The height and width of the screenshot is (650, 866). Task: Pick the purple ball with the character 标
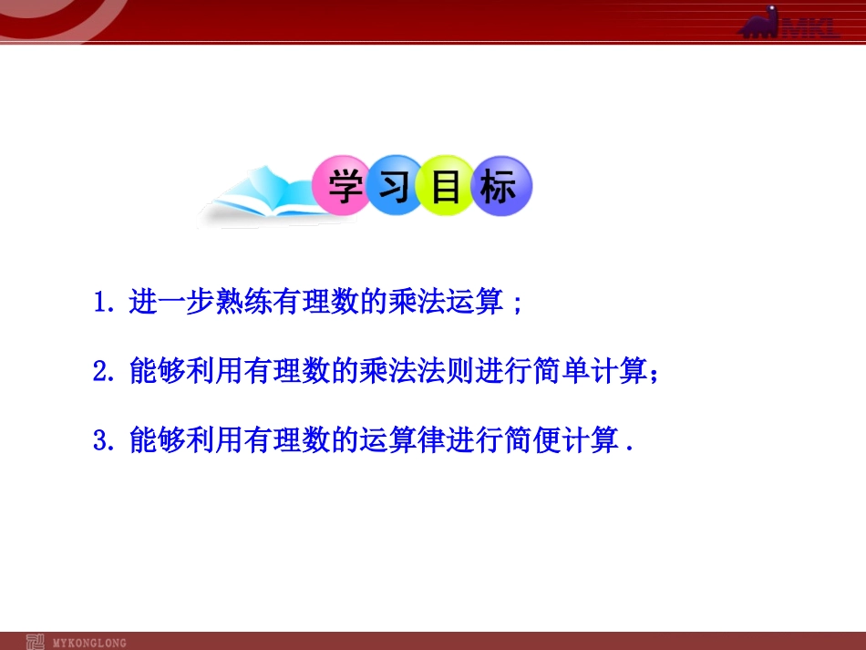(x=499, y=189)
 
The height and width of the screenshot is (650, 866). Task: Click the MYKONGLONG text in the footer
(x=90, y=642)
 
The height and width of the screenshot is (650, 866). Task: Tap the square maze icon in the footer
(x=35, y=641)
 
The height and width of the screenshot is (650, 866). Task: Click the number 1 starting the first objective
(x=100, y=303)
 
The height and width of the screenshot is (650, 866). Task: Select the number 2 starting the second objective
(x=100, y=372)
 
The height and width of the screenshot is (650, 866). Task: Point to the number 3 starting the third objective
(x=100, y=442)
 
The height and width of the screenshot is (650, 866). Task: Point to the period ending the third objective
(x=630, y=449)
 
